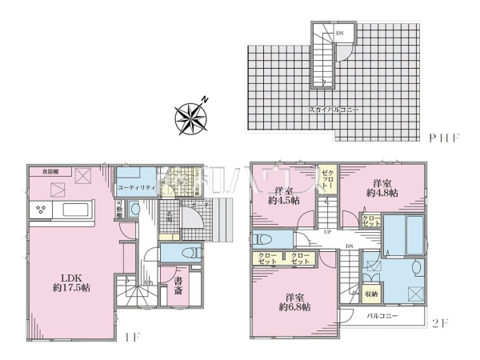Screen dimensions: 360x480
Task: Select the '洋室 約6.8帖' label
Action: click(295, 299)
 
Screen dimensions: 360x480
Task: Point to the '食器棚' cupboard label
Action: click(45, 170)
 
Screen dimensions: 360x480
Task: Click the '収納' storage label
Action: click(372, 294)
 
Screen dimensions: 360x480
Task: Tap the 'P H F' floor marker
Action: click(443, 138)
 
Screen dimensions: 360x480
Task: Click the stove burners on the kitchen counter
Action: click(40, 210)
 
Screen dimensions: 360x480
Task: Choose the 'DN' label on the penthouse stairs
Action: click(339, 33)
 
